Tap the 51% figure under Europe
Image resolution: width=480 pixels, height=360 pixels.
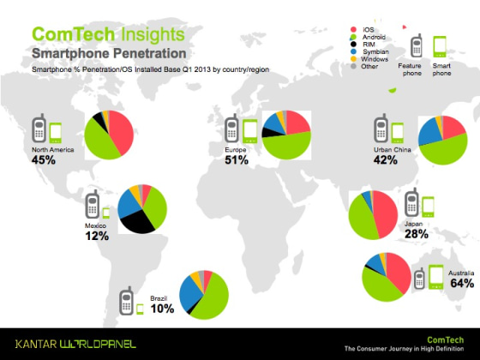237,160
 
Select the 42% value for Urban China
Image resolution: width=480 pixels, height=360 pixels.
387,160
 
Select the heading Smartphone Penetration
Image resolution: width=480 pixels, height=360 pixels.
91,54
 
